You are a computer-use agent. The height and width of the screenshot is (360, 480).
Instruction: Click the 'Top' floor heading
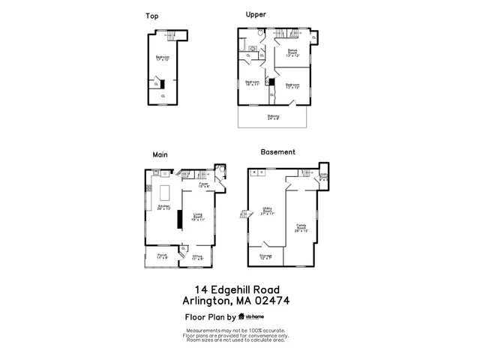(151, 16)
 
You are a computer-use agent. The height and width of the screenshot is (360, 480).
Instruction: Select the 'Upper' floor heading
(256, 14)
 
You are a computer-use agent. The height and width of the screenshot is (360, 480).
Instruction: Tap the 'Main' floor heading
(159, 154)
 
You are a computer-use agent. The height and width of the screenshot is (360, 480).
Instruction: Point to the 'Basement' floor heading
(277, 151)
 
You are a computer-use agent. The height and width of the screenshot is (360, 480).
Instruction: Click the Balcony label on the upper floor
(273, 117)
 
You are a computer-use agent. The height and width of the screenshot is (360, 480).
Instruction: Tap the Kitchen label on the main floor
(163, 207)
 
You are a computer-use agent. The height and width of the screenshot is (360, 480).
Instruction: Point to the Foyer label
(203, 184)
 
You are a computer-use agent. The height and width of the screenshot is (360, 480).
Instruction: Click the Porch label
(162, 256)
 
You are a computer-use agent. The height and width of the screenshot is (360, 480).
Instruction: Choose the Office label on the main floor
(197, 257)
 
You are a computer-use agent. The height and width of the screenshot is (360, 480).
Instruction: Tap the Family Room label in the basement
(301, 226)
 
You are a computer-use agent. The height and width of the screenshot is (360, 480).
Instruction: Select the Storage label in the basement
(265, 256)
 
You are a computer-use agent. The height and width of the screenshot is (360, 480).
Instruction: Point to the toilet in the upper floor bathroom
(258, 34)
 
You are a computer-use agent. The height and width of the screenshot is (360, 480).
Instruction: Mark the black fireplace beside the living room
(179, 219)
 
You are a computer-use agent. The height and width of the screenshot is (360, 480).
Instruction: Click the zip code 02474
(271, 301)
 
